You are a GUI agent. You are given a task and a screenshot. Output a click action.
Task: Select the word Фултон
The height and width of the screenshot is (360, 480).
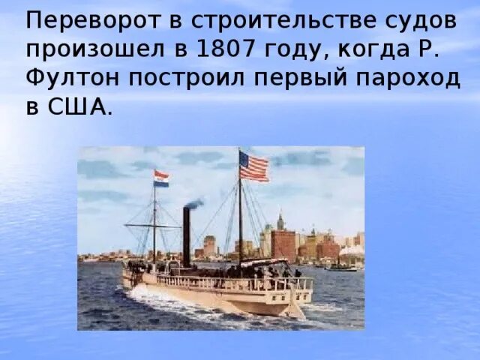click(68, 77)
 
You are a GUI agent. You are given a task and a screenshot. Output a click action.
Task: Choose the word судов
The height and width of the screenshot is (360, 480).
click(420, 20)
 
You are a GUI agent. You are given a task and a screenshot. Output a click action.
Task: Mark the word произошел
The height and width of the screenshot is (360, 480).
click(87, 49)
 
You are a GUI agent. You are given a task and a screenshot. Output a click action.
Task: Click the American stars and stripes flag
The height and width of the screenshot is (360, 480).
click(254, 166)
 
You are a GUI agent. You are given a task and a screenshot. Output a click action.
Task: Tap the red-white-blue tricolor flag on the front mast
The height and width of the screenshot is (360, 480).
click(161, 178)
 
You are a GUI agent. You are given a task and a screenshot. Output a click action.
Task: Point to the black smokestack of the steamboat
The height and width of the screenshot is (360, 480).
click(186, 235)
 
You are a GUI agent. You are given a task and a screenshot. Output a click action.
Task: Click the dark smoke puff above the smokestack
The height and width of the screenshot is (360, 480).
click(194, 203)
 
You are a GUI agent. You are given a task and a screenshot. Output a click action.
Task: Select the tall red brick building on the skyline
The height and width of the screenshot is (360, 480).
click(283, 244)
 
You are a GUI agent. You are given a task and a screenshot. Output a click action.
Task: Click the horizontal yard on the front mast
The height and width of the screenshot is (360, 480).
click(153, 224)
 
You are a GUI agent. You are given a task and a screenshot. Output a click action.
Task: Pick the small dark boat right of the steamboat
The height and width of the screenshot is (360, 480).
click(342, 266)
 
